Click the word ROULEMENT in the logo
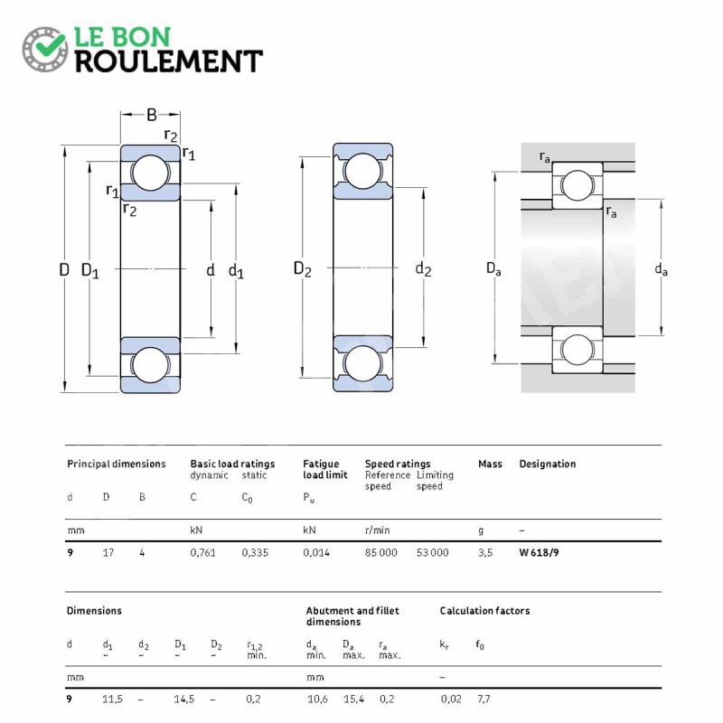click(x=168, y=61)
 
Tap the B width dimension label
click(x=151, y=115)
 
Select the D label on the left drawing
click(x=64, y=269)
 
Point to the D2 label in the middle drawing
click(x=302, y=269)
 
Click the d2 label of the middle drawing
click(x=423, y=269)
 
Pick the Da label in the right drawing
click(x=493, y=269)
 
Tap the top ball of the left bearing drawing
click(x=151, y=172)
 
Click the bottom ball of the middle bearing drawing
click(x=362, y=363)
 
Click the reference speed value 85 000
click(x=380, y=552)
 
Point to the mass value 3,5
click(x=484, y=552)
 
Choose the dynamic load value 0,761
click(x=202, y=552)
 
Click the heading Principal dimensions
click(x=116, y=464)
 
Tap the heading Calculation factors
click(x=484, y=611)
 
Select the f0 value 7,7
click(x=483, y=700)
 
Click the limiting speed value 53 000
click(x=432, y=552)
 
